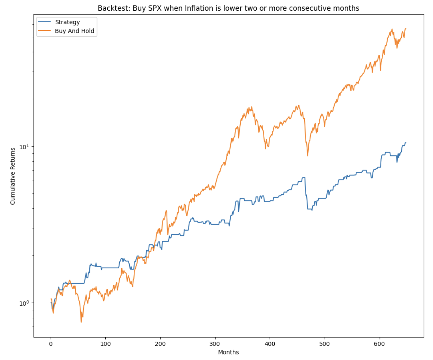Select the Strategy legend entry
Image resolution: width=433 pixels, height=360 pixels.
pos(67,22)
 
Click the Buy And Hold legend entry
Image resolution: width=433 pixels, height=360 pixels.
pos(74,31)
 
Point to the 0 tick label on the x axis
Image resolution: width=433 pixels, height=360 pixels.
pos(51,344)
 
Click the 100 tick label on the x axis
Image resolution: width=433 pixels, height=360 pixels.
pos(106,344)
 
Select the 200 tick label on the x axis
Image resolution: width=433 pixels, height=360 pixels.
pos(160,344)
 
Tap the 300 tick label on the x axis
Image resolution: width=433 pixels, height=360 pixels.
pos(215,344)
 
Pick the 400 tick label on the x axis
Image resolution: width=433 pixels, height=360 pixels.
pos(270,344)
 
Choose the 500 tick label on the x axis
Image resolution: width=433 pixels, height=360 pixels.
pos(325,344)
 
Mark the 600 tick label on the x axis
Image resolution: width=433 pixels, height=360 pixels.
pos(379,344)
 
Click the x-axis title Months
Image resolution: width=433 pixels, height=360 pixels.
pos(228,352)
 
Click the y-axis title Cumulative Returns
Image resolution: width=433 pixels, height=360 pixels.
pos(13,176)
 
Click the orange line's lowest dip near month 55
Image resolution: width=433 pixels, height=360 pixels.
pos(81,322)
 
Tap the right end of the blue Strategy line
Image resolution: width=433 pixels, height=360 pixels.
pos(406,143)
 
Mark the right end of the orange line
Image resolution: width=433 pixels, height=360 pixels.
pos(406,29)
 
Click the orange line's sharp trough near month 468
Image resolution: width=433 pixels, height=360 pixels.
pos(308,155)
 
